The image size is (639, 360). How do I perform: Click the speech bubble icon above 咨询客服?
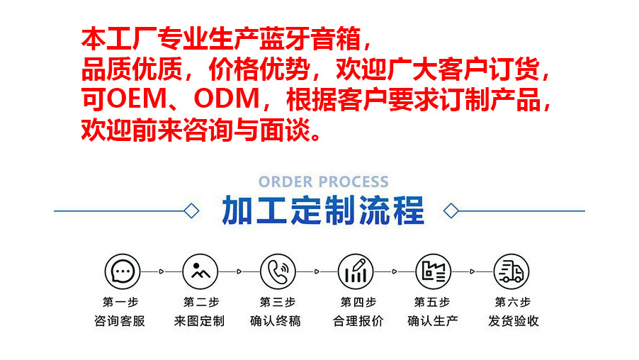click(122, 271)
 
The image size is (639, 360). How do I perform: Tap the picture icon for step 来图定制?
click(199, 271)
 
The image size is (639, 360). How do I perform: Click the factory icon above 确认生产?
click(433, 271)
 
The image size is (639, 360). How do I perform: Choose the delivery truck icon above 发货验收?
click(511, 271)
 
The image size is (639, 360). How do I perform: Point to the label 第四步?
click(358, 302)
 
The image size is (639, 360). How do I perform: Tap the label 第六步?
click(513, 302)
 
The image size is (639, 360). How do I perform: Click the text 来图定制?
click(199, 321)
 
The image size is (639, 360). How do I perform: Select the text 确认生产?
click(433, 321)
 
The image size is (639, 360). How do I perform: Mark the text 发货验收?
click(513, 321)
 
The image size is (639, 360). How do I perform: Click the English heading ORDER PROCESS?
click(323, 182)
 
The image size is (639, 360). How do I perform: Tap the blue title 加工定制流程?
click(323, 210)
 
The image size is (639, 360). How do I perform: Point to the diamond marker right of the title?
click(451, 210)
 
